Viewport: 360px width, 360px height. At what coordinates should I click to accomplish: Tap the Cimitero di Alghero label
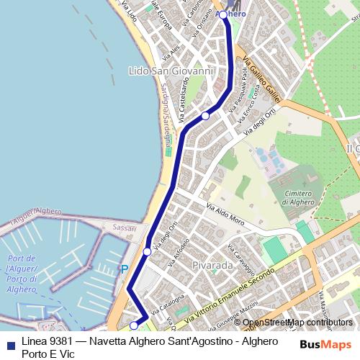(x=297, y=197)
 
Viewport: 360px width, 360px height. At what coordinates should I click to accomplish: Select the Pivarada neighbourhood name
(x=212, y=266)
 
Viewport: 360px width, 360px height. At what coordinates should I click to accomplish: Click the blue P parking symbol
(x=124, y=269)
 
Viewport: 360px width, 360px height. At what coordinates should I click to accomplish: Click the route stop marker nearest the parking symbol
(x=147, y=251)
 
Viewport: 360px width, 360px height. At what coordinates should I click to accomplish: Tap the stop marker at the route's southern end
(x=133, y=325)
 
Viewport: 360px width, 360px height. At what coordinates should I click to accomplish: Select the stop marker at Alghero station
(x=223, y=14)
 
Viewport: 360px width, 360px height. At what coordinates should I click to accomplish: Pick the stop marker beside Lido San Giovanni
(x=205, y=115)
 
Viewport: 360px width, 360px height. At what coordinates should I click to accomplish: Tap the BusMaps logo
(x=325, y=343)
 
